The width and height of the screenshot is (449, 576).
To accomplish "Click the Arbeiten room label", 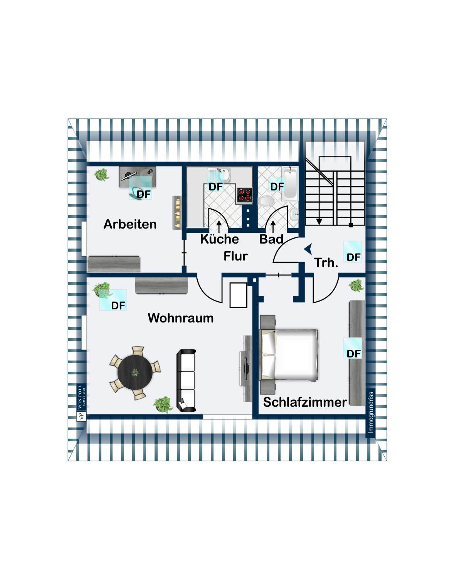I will click(x=130, y=224).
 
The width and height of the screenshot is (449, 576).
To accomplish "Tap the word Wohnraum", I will click(x=180, y=318).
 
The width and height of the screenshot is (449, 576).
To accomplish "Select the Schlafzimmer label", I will click(x=305, y=402).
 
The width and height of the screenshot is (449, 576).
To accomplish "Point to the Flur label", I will click(x=235, y=256).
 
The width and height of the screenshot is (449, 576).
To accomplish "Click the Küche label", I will click(x=219, y=239).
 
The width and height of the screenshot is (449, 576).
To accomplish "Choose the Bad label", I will click(x=271, y=239).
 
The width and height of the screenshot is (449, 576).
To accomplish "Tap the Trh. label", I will click(x=326, y=263).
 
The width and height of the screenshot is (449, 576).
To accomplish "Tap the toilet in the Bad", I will click(x=266, y=201).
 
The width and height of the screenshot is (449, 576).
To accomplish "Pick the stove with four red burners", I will click(x=245, y=195).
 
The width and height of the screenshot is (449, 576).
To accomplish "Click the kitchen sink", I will click(x=219, y=175).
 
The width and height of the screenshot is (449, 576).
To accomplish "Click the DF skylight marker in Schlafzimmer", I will click(x=353, y=353).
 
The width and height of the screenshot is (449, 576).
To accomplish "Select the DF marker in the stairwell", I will click(x=353, y=257).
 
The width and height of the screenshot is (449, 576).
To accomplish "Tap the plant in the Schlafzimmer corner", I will click(x=357, y=285).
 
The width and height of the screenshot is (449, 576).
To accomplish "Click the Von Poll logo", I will click(x=81, y=402).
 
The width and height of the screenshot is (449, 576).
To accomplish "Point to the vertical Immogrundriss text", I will click(x=371, y=412).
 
